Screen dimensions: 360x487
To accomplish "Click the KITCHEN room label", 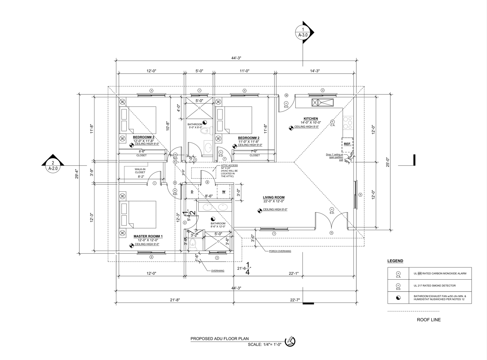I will (311, 118).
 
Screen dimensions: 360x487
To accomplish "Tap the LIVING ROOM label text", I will (274, 197).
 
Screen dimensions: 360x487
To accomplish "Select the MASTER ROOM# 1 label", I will (148, 236).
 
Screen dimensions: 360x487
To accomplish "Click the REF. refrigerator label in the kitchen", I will (347, 144).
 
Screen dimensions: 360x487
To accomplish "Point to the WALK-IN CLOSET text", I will (140, 171).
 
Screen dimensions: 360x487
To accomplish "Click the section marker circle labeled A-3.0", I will (303, 32).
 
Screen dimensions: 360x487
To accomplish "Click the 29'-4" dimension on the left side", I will (76, 173).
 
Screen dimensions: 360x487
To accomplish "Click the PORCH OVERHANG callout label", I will (280, 251).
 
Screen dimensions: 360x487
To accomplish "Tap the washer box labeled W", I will (224, 192).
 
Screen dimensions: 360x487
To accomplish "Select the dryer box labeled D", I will (192, 192).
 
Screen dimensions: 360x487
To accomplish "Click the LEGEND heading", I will (395, 261).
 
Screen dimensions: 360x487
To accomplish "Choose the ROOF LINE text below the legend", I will (428, 320).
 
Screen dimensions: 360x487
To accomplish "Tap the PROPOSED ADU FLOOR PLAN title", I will (219, 338).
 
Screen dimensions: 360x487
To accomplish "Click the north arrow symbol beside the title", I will (290, 341).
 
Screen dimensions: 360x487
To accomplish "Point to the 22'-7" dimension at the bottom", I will (295, 300).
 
